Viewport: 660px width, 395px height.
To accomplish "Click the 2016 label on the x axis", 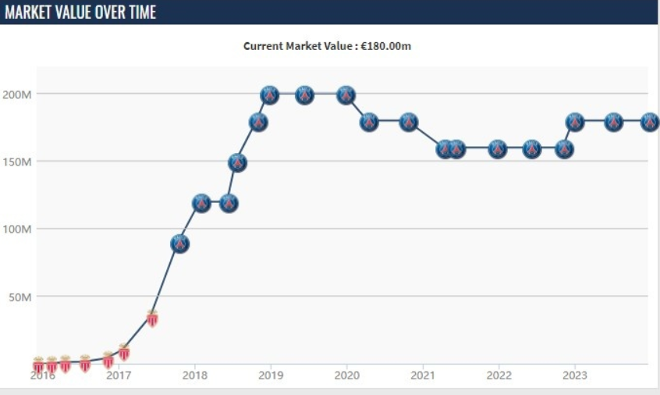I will coord(44,375).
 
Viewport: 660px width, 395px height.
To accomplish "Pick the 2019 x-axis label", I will coord(271,375).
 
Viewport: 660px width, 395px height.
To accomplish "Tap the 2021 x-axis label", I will coord(423,375).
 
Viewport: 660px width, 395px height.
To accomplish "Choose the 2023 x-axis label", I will coord(575,375).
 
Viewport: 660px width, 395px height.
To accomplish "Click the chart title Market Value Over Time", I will coord(80,12).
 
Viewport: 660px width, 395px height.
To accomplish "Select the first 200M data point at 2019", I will coord(270,94).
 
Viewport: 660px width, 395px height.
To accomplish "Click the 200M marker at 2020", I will coord(346,94).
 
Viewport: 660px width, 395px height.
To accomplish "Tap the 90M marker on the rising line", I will coord(180,244).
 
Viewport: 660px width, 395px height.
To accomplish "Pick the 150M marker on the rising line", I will coord(238,162).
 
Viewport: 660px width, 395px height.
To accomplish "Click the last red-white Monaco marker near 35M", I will coord(153,317).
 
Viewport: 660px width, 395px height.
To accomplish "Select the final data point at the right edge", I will coord(650,122).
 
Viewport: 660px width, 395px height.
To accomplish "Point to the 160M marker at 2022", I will coord(498,148).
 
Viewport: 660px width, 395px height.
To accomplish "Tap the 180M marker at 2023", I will coord(575,122).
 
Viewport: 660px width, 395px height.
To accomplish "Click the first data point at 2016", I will coord(38,364).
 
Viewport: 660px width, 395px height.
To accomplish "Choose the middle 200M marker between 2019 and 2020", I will coord(305,94).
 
